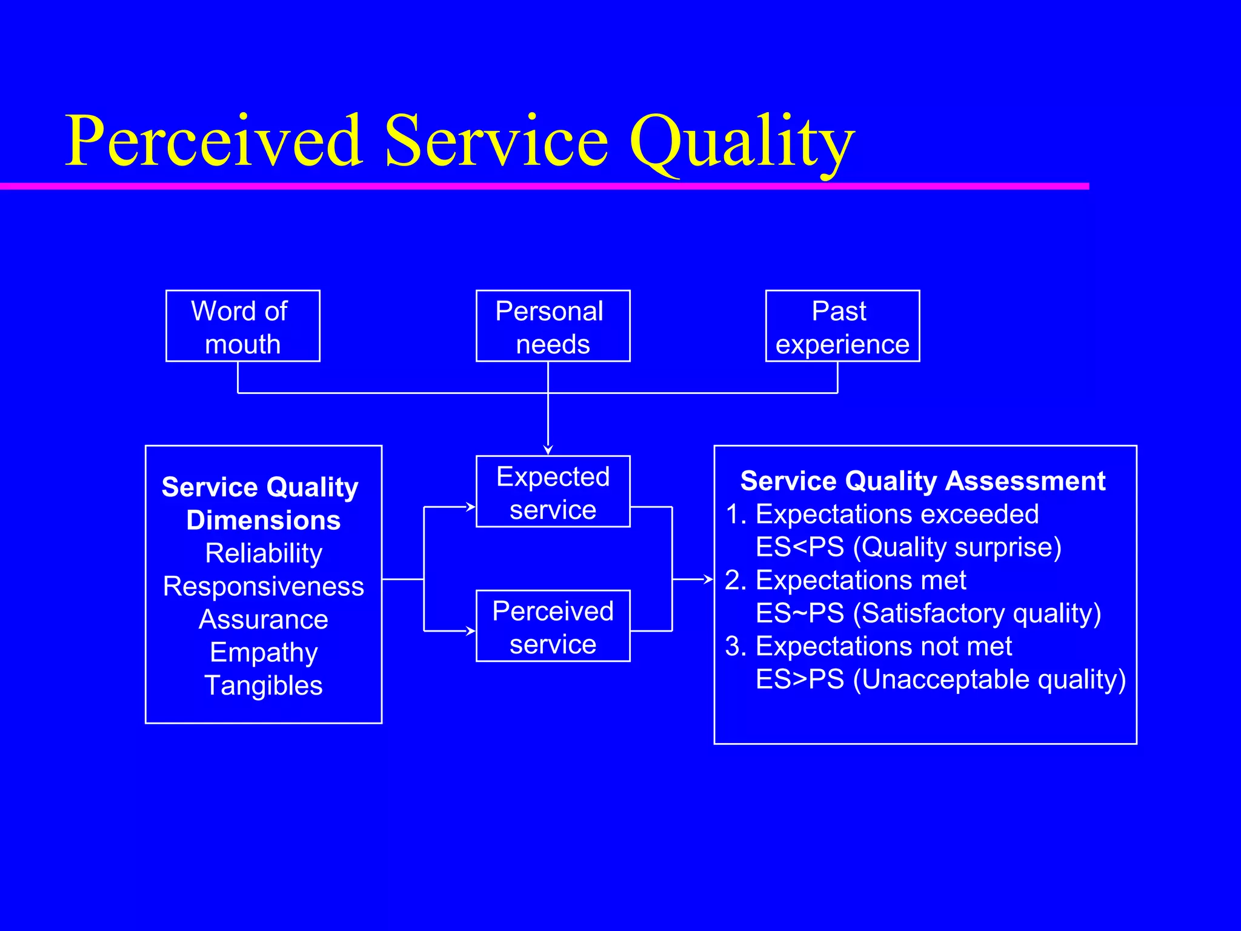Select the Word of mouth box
pyautogui.click(x=242, y=326)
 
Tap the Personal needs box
pyautogui.click(x=553, y=326)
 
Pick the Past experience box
pyautogui.click(x=842, y=326)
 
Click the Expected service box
pyautogui.click(x=553, y=492)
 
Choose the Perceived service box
pyautogui.click(x=553, y=626)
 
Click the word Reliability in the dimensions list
pyautogui.click(x=264, y=553)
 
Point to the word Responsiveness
pyautogui.click(x=264, y=586)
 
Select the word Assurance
pyautogui.click(x=264, y=619)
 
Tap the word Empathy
pyautogui.click(x=264, y=653)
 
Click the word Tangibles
pyautogui.click(x=264, y=686)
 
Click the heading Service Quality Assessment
pyautogui.click(x=922, y=481)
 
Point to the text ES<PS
pyautogui.click(x=800, y=547)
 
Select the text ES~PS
pyautogui.click(x=800, y=613)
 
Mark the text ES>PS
pyautogui.click(x=800, y=679)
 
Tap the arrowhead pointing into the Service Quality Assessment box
pyautogui.click(x=710, y=579)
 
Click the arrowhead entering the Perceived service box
pyautogui.click(x=471, y=631)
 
